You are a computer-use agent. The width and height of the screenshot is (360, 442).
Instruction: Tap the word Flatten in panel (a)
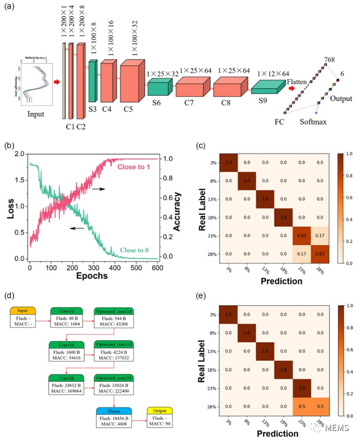tap(298, 83)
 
